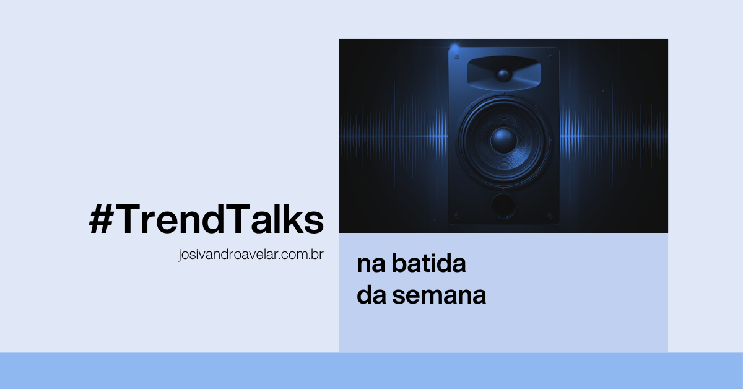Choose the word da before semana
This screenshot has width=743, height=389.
tap(371, 295)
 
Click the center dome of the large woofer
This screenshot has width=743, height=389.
tap(503, 139)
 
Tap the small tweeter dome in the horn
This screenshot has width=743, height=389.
tap(503, 76)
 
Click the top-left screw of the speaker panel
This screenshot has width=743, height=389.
tap(457, 57)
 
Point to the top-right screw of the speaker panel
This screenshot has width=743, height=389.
tap(549, 57)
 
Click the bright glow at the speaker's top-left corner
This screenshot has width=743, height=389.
tap(455, 47)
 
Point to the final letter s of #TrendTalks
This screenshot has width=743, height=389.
tap(315, 222)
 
